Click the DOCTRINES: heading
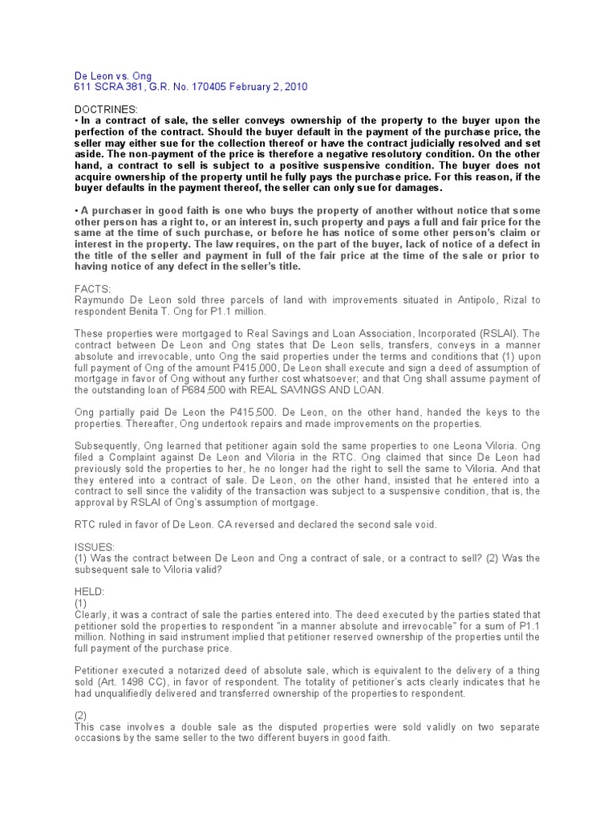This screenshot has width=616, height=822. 106,108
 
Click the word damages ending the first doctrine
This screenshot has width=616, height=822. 415,187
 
